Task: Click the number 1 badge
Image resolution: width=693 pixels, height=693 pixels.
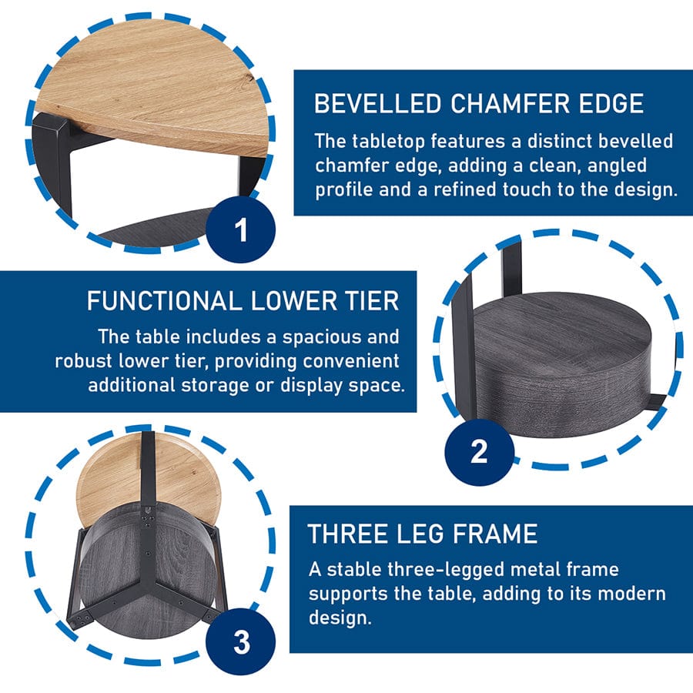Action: tap(240, 229)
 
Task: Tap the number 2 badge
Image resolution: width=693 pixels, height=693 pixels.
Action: tap(480, 452)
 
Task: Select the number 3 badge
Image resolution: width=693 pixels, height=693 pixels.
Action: tap(241, 642)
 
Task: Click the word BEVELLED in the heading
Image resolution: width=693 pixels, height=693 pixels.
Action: tap(378, 103)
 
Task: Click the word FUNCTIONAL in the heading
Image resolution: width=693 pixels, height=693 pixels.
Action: tap(164, 301)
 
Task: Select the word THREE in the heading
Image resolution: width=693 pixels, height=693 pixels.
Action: tap(347, 534)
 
